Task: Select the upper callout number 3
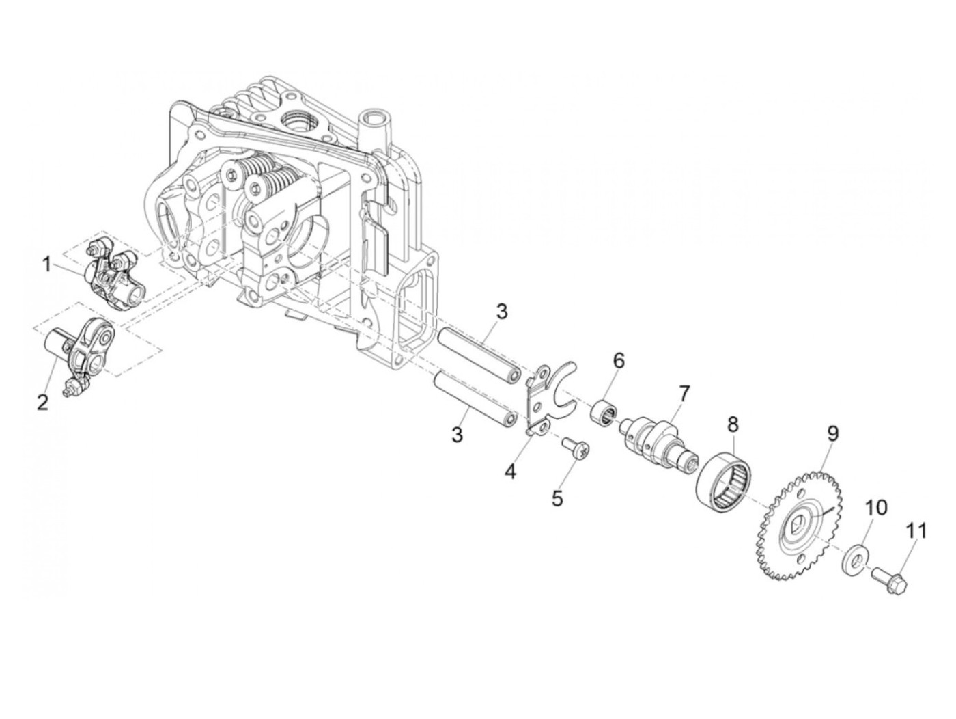pos(501,312)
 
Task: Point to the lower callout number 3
pos(457,435)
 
